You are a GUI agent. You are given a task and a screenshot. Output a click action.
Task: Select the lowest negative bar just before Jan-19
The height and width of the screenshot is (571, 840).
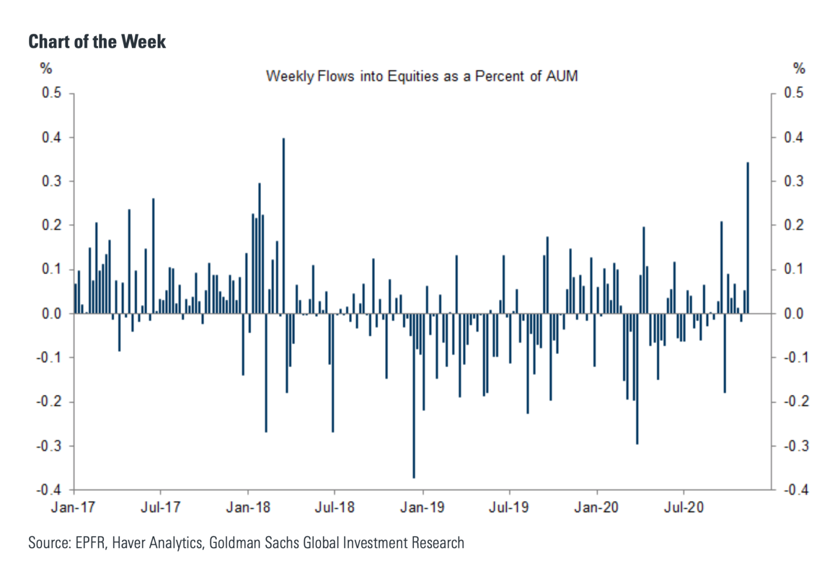[x=414, y=397]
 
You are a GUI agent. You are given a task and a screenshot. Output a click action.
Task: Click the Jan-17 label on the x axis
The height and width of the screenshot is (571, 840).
[x=73, y=507]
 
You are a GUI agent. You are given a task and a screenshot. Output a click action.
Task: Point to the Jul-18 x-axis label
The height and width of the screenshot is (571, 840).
[x=334, y=507]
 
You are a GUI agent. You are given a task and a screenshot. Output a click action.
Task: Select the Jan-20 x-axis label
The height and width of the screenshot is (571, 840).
[x=596, y=507]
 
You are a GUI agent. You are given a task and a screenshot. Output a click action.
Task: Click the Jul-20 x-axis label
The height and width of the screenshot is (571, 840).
[x=684, y=507]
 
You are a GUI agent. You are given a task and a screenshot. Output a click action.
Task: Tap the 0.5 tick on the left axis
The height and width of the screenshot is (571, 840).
[x=51, y=93]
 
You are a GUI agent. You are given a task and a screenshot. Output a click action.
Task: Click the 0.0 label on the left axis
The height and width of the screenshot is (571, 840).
[x=51, y=314]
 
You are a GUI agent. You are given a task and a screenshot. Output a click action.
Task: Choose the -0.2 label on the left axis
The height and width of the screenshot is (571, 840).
[x=49, y=402]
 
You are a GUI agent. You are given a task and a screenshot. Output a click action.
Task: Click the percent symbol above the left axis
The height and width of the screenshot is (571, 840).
[x=46, y=69]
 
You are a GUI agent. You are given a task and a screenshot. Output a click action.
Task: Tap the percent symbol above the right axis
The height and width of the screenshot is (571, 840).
[x=799, y=69]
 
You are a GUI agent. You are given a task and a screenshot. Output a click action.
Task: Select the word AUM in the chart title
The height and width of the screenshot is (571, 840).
[x=562, y=76]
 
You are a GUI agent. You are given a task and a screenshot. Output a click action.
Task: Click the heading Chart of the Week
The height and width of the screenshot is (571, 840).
[x=97, y=42]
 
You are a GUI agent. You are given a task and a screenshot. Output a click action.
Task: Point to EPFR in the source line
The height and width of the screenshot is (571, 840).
[x=90, y=543]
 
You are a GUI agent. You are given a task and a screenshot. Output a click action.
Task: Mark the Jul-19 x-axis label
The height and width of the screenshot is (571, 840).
[x=509, y=507]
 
